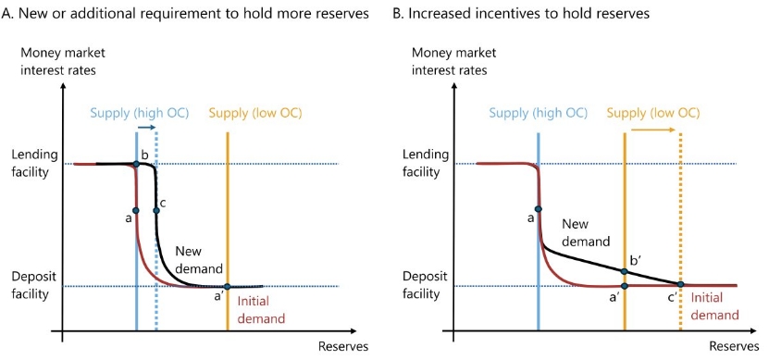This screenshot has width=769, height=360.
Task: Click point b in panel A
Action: [136, 164]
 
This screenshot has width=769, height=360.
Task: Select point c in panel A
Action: [156, 210]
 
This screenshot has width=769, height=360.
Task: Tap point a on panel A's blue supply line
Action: [136, 210]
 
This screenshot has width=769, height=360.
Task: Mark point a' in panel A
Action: [227, 287]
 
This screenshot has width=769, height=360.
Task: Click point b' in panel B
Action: [625, 271]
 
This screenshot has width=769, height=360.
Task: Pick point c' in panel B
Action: [680, 284]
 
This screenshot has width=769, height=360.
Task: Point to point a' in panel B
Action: [625, 285]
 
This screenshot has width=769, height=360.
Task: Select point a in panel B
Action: [538, 209]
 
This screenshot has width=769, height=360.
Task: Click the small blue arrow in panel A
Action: [146, 127]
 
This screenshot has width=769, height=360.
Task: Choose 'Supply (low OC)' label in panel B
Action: [653, 113]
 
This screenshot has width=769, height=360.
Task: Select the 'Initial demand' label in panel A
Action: [261, 310]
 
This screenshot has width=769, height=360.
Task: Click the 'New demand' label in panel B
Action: [586, 233]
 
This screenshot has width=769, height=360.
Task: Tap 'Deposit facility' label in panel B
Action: [425, 285]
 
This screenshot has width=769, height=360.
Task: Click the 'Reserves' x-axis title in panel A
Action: [343, 346]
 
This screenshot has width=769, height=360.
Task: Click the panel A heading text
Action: [185, 13]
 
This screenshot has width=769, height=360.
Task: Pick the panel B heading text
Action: [522, 13]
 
